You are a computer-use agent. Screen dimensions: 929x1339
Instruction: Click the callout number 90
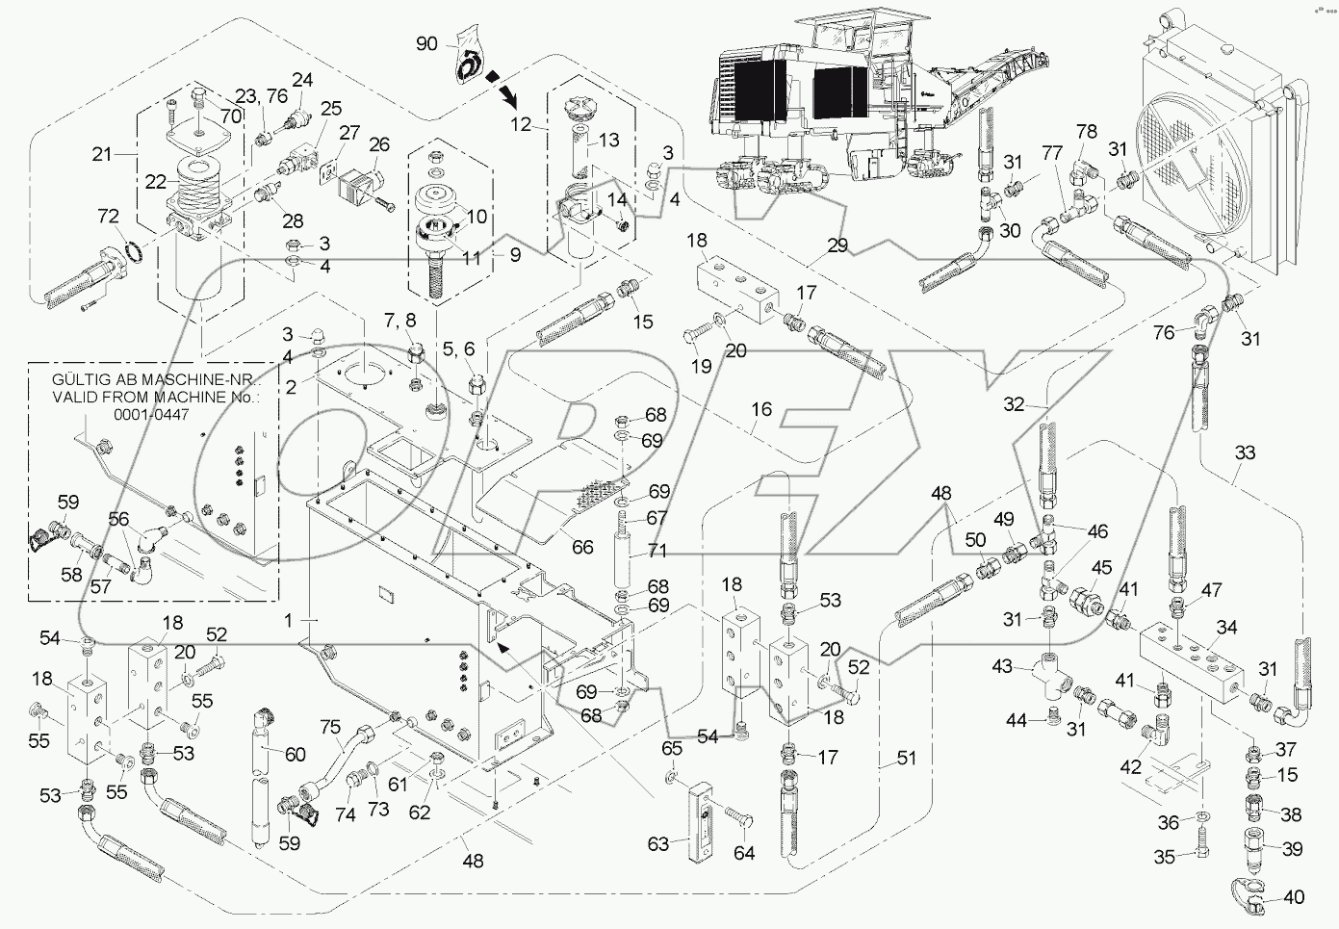coord(427,44)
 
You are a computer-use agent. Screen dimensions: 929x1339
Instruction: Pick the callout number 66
coord(582,547)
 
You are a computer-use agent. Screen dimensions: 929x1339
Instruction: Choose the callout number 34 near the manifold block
coord(1225,628)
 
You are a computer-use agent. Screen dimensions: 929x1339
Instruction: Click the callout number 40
coord(1295,897)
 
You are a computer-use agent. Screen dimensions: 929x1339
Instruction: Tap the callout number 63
coord(657,845)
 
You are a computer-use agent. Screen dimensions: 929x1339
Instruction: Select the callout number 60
coord(295,755)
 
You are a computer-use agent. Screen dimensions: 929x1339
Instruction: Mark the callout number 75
coord(330,727)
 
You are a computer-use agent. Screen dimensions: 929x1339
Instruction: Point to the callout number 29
coord(837,246)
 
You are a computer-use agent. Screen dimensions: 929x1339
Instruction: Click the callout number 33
coord(1245,452)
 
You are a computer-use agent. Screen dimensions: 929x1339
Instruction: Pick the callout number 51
coord(906,758)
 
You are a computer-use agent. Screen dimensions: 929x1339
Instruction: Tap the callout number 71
coord(657,551)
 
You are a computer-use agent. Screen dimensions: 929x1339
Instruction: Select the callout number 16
coord(761,410)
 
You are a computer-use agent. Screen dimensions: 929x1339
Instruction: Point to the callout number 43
coord(1003,666)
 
